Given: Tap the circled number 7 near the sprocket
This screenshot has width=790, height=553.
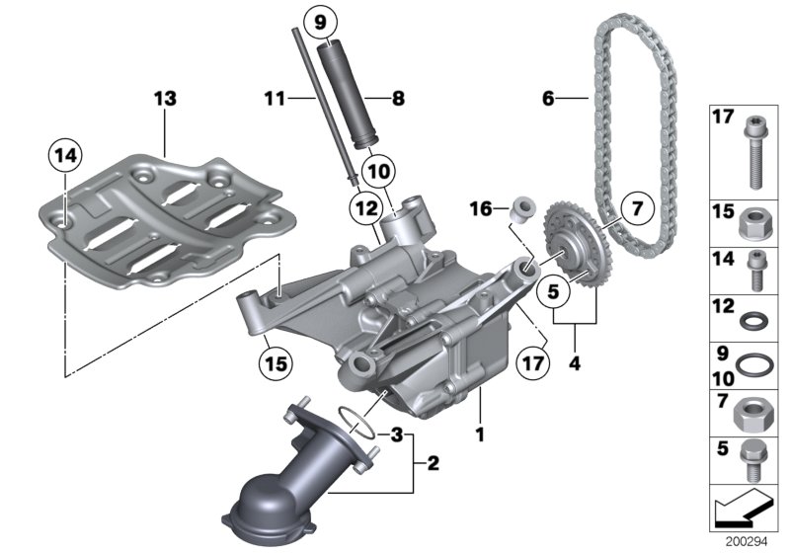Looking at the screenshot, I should tap(637, 208).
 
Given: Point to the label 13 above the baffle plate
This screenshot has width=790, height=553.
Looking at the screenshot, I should tap(164, 98).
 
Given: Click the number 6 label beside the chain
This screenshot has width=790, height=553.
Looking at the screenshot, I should tap(550, 98).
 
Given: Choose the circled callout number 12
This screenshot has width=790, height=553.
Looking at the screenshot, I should tap(363, 208).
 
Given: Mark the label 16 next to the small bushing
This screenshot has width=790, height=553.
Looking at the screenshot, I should tap(480, 209).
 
